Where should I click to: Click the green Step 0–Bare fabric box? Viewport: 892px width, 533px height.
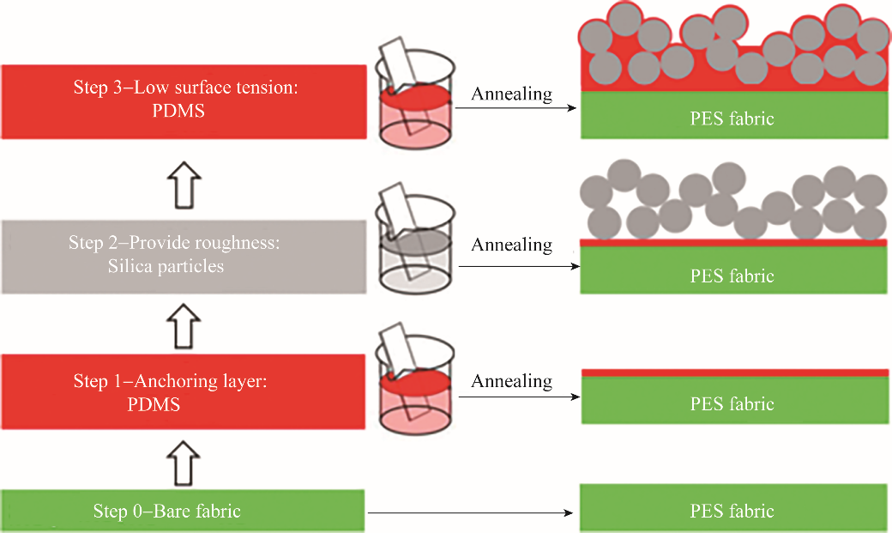coord(183,511)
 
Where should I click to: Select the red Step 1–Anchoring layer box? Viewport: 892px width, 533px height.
coord(183,392)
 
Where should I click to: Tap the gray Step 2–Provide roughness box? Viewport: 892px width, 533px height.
coord(183,256)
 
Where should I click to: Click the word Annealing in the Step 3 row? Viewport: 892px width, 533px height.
coord(511,94)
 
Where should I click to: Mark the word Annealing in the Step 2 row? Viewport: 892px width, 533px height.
coord(511,245)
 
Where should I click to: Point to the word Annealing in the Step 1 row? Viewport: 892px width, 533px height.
coord(511,380)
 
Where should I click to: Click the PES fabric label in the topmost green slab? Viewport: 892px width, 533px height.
coord(732,118)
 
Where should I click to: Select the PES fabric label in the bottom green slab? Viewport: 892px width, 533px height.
coord(732,511)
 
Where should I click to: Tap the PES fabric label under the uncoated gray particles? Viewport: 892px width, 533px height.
coord(732,276)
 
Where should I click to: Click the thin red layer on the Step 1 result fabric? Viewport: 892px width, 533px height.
coord(734,372)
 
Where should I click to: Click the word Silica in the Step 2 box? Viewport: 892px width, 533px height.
coord(130,266)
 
